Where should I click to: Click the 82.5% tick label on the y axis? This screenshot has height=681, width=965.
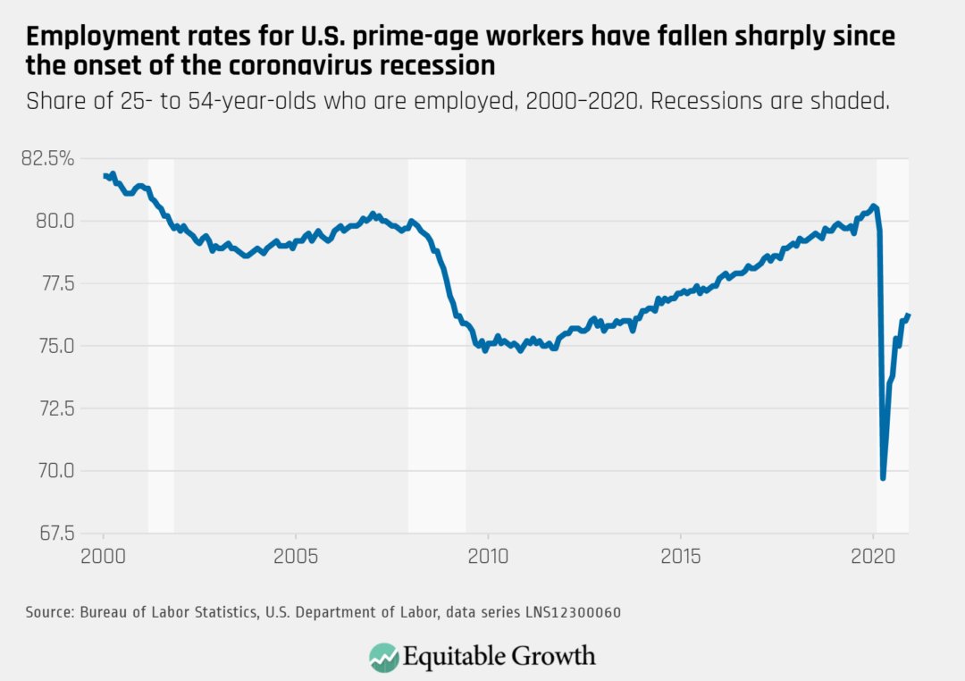(x=51, y=159)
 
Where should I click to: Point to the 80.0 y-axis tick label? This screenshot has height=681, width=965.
(x=58, y=221)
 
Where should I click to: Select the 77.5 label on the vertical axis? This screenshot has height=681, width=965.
(x=58, y=283)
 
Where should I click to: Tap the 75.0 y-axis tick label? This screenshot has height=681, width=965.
(x=58, y=346)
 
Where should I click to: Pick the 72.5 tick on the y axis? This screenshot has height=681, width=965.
(x=58, y=408)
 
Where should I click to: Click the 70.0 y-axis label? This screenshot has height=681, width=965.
(x=58, y=471)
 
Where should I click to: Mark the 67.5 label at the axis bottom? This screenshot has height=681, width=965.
(x=58, y=534)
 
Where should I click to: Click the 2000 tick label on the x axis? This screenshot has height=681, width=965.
(x=104, y=554)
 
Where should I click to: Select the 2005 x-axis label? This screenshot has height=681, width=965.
(x=296, y=554)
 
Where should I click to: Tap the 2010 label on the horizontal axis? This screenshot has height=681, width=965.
(x=488, y=554)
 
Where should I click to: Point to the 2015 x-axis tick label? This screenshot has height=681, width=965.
(x=681, y=554)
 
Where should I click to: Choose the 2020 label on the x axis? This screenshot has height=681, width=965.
(x=873, y=554)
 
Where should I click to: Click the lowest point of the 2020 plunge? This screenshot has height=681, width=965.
(x=884, y=478)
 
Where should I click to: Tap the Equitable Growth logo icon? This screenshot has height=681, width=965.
(x=384, y=657)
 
